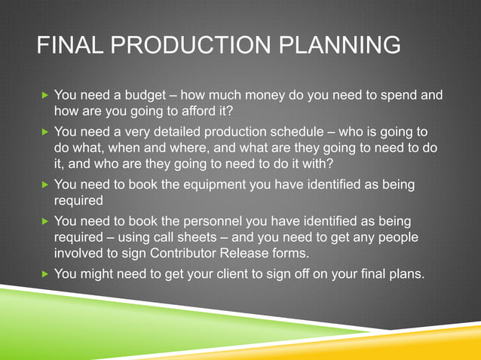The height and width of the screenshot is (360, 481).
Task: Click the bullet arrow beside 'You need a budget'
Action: coord(44,96)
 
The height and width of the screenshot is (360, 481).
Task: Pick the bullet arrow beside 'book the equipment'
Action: coord(44,185)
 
